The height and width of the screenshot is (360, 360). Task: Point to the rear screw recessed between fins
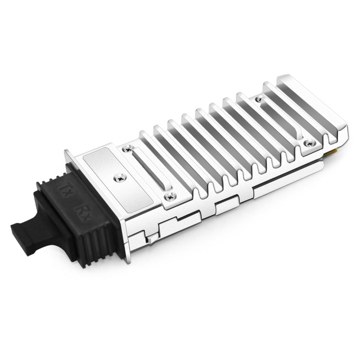pos(259,99)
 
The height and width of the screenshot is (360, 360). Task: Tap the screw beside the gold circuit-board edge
pos(308,143)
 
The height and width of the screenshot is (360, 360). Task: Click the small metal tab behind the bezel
pos(151,238)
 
